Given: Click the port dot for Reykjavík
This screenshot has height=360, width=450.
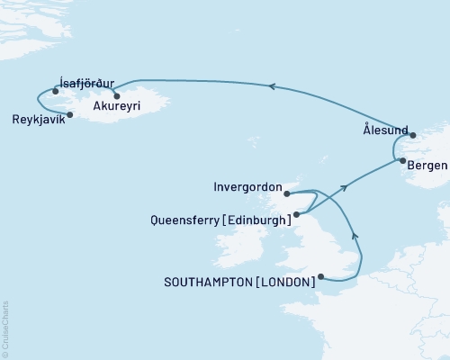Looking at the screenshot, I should click(70, 114).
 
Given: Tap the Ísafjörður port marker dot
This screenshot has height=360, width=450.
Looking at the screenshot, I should click(56, 91).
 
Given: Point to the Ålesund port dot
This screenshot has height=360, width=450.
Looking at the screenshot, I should click(413, 136).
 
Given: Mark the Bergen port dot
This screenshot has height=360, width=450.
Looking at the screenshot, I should click(401, 162).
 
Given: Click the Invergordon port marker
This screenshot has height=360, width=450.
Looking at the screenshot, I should click(286, 193).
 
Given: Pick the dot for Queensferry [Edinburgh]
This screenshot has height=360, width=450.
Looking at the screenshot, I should click(296, 214).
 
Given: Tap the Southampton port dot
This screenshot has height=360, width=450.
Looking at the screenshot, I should click(322, 277).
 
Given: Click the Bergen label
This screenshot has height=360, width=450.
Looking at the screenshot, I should click(425, 167).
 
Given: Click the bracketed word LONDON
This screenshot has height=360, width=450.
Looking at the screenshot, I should click(286, 282).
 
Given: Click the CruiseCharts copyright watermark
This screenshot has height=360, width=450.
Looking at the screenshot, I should click(5, 328).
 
